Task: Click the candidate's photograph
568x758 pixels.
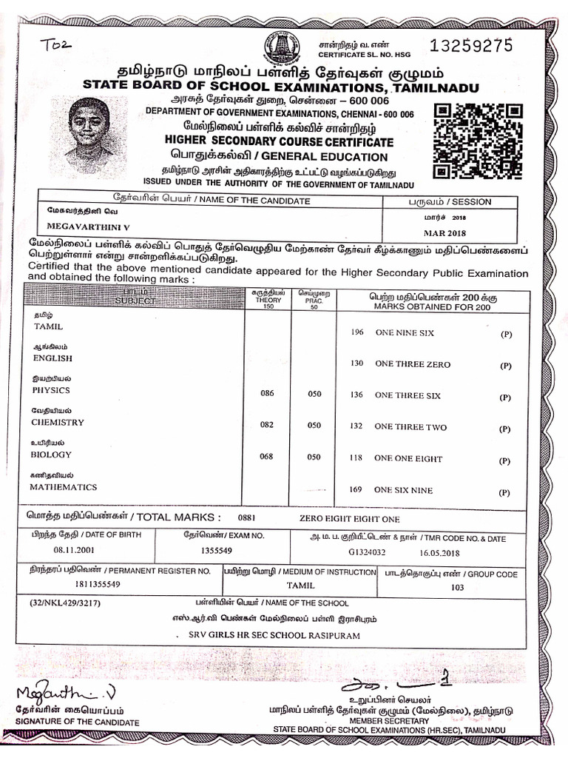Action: (x=89, y=133)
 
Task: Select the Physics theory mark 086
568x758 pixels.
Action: (x=268, y=395)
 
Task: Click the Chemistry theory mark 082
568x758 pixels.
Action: (x=268, y=426)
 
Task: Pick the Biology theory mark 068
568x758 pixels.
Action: (x=268, y=457)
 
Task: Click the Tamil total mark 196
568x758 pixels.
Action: (x=357, y=333)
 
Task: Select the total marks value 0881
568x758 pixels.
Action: (x=250, y=518)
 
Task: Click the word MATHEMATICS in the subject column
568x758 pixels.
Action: (x=64, y=487)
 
